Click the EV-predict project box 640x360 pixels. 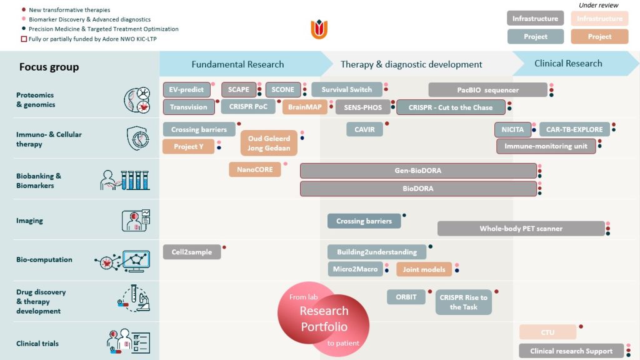pyautogui.click(x=186, y=90)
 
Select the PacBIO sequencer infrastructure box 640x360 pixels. pyautogui.click(x=487, y=90)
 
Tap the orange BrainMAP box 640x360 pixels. pyautogui.click(x=305, y=107)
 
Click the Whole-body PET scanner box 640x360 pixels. pyautogui.click(x=521, y=229)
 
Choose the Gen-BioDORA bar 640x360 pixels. pyautogui.click(x=418, y=171)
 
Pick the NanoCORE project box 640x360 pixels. pyautogui.click(x=255, y=169)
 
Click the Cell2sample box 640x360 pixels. pyautogui.click(x=192, y=252)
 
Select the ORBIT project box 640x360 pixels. pyautogui.click(x=406, y=297)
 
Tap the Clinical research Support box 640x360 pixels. pyautogui.click(x=571, y=351)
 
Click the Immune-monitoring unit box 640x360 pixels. pyautogui.click(x=546, y=146)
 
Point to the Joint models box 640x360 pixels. pyautogui.click(x=424, y=269)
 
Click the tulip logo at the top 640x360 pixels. pyautogui.click(x=319, y=29)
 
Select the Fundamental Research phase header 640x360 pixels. pyautogui.click(x=237, y=64)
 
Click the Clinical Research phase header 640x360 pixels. pyautogui.click(x=568, y=63)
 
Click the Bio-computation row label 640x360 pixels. pyautogui.click(x=44, y=259)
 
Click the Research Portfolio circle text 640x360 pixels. pyautogui.click(x=324, y=319)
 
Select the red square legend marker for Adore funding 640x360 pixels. pyautogui.click(x=24, y=39)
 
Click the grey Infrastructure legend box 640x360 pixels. pyautogui.click(x=535, y=18)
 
